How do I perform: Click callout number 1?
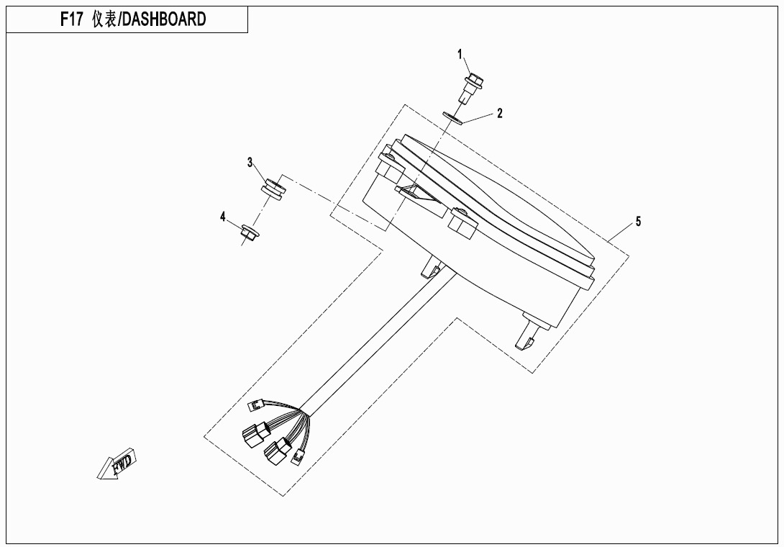(460, 54)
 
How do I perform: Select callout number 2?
(499, 114)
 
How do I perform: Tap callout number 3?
(250, 163)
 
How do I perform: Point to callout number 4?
(223, 217)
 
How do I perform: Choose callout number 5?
(638, 221)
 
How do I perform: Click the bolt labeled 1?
(471, 88)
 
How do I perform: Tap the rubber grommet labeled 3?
(273, 189)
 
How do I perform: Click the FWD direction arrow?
(117, 464)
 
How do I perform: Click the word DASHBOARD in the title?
(164, 19)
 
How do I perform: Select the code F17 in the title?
(71, 19)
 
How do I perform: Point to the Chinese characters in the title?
(104, 19)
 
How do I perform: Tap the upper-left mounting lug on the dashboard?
(391, 164)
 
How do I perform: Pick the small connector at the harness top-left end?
(256, 405)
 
